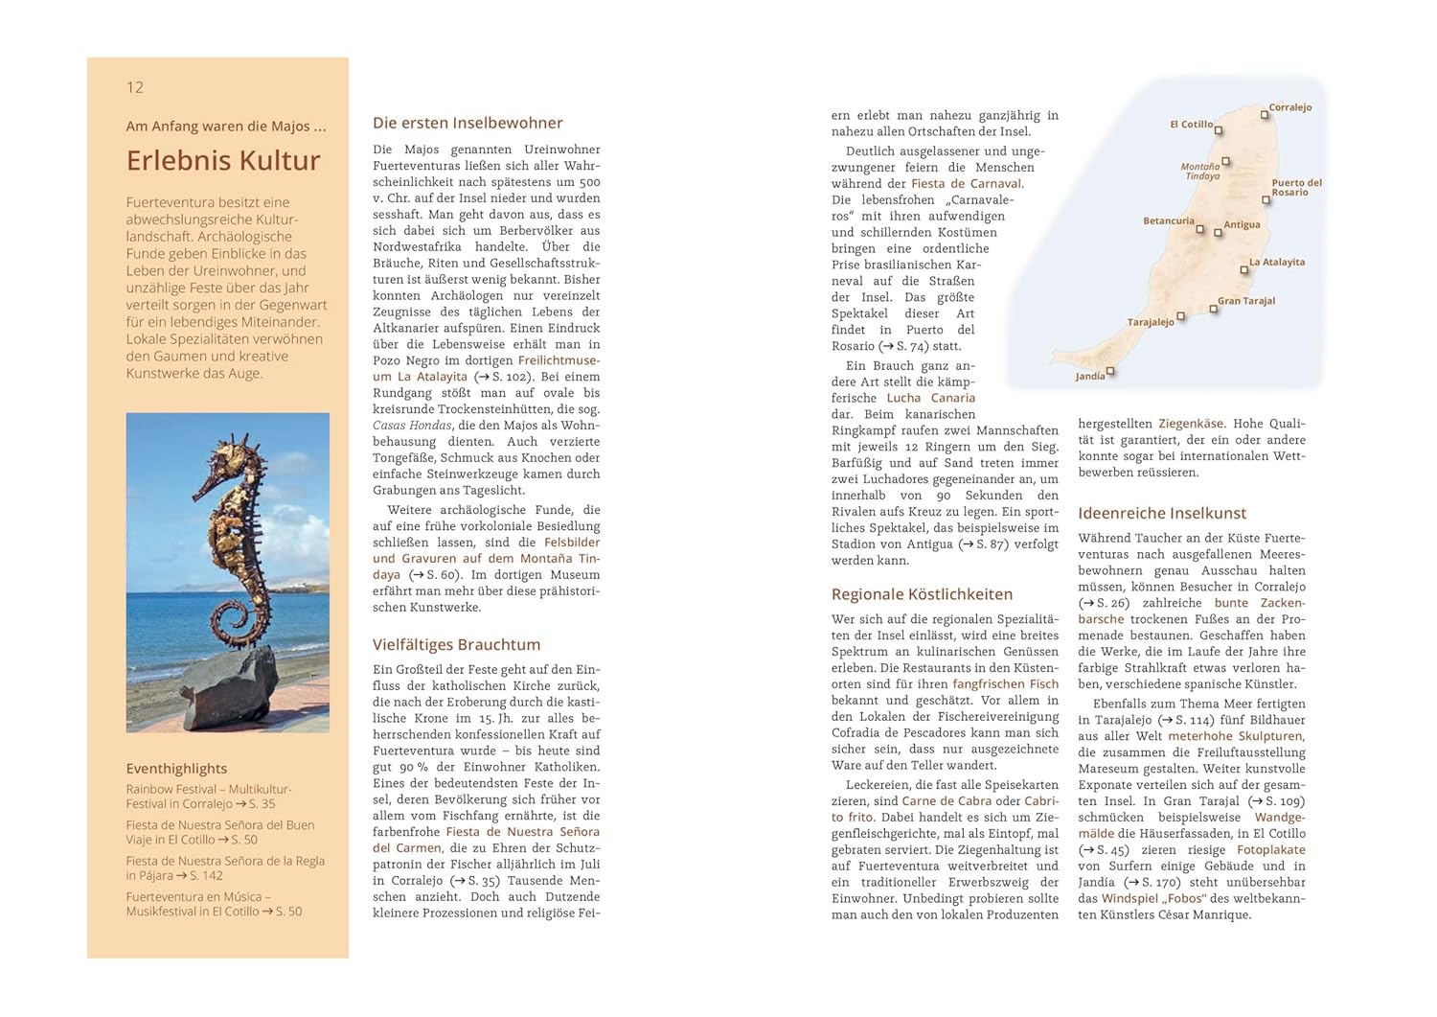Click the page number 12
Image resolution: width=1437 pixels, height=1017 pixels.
coord(135,87)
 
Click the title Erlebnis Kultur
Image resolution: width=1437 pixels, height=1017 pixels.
coord(223,161)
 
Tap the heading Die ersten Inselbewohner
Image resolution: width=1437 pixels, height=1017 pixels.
coord(468,123)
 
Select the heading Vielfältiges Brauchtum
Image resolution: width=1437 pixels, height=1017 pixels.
coord(456,645)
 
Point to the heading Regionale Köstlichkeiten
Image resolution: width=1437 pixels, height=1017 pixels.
coord(922,594)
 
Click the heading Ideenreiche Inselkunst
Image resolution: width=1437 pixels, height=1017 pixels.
coord(1162,514)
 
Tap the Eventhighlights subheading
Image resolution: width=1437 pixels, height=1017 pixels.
coord(176,769)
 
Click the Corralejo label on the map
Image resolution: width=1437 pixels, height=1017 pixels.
coord(1289,107)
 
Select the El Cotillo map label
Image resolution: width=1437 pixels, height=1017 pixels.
coord(1191,125)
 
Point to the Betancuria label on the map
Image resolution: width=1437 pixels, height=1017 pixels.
coord(1168,221)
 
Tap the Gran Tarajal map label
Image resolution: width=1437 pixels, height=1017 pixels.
coord(1246,301)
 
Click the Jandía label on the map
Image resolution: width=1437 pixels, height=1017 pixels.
coord(1089,377)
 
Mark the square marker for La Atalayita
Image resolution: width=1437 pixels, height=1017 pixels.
coord(1244,270)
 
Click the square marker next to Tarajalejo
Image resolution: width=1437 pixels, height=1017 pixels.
coord(1181,315)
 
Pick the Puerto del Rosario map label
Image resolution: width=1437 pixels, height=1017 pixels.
coord(1296,187)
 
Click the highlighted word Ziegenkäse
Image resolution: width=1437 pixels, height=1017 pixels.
coord(1191,424)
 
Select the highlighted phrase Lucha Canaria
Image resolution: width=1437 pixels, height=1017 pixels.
coord(930,398)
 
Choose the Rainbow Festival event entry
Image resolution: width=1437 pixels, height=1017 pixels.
coord(208,797)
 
